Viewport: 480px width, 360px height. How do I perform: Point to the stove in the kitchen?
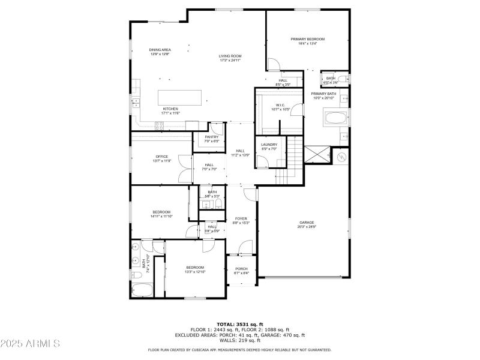click(x=160, y=125)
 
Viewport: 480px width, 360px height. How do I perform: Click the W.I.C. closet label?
click(x=280, y=107)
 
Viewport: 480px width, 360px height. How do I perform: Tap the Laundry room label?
click(x=269, y=146)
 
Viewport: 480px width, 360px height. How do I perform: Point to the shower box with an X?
click(x=316, y=154)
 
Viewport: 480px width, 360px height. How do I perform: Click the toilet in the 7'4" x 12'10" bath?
click(x=136, y=275)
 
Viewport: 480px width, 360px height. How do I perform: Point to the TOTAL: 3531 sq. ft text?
click(x=239, y=324)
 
